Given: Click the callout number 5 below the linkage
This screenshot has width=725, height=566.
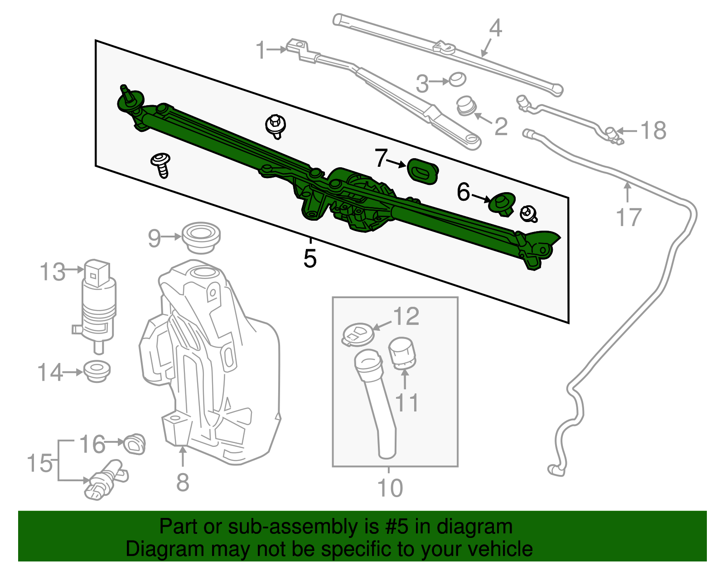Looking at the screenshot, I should [310, 259].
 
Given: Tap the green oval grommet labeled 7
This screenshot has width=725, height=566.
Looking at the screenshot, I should [422, 171].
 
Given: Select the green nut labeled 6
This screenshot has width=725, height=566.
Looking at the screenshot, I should [502, 203].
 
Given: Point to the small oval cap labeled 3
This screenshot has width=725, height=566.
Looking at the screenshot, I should [457, 80].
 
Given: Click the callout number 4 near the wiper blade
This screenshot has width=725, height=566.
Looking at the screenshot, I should [496, 28].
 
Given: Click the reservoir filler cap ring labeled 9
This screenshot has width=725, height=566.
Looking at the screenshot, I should [201, 237].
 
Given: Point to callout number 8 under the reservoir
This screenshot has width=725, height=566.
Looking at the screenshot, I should [183, 482].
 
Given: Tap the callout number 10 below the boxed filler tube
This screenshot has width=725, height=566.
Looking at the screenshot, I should [390, 488].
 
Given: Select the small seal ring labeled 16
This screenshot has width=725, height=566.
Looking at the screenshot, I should [135, 443].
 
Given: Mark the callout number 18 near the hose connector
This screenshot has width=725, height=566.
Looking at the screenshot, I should [653, 131].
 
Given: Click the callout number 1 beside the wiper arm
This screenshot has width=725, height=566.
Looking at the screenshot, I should [261, 50].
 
